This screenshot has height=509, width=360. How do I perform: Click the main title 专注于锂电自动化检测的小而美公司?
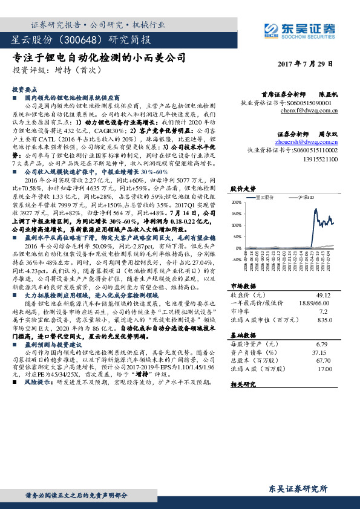coord(99,58)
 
